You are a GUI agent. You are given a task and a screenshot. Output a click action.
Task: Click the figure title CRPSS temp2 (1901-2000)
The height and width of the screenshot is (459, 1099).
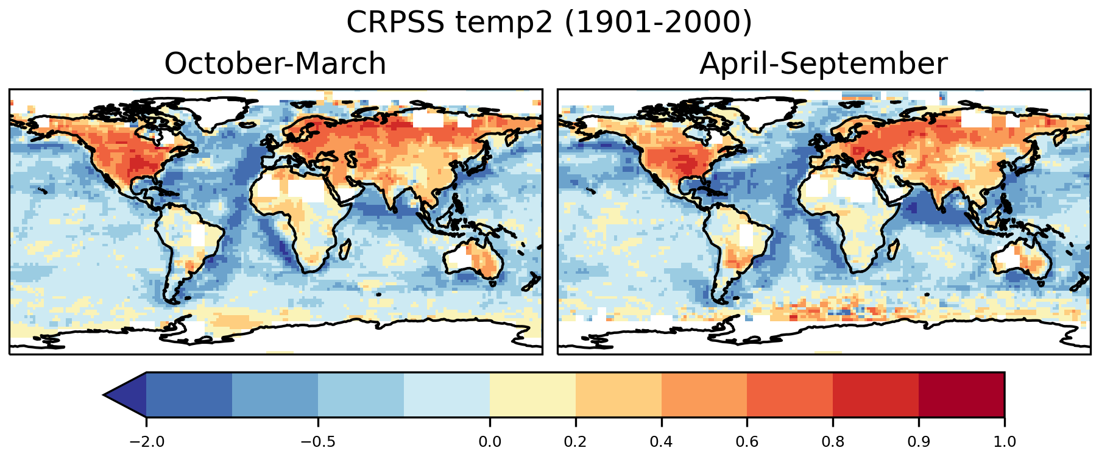tap(549, 23)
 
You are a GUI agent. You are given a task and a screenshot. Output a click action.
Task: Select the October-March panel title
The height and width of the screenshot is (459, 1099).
tap(275, 64)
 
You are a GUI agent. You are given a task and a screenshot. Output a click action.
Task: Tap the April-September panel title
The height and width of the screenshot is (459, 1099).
tap(823, 64)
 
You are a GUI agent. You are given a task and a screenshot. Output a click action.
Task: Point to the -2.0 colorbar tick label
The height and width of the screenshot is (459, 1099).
tap(146, 441)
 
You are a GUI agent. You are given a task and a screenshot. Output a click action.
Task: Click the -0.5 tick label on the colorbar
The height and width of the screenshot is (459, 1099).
tap(317, 441)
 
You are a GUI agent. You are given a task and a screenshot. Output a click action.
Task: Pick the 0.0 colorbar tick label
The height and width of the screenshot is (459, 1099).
tap(489, 441)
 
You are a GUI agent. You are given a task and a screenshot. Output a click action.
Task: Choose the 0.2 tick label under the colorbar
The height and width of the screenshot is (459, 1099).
tap(575, 441)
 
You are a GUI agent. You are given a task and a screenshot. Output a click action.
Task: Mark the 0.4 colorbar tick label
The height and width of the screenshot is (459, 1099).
tap(661, 441)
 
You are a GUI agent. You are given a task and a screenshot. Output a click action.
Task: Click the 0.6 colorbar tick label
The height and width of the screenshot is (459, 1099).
tap(747, 441)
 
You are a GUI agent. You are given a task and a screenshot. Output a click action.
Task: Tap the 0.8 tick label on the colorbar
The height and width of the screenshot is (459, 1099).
tap(833, 441)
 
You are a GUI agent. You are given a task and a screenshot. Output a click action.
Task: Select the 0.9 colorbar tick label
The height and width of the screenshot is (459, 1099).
tap(919, 441)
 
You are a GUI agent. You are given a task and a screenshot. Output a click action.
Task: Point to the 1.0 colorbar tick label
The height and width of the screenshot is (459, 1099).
tap(1004, 441)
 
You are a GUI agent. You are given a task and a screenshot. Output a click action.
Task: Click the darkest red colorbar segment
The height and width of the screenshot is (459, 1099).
tap(961, 395)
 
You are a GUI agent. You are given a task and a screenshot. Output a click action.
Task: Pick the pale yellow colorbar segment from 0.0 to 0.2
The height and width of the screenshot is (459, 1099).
tap(532, 395)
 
